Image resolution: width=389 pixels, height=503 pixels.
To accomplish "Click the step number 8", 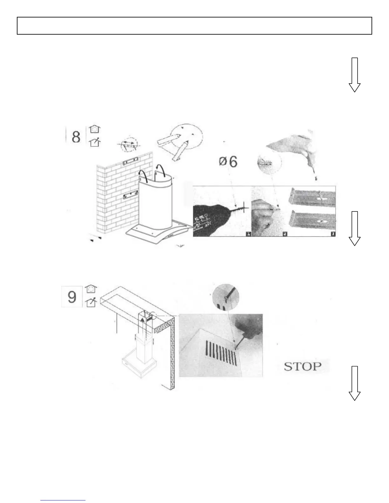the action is [76, 137].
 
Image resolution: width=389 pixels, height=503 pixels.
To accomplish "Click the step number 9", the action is [72, 297].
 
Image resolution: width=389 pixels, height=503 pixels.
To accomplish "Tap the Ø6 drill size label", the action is [228, 162].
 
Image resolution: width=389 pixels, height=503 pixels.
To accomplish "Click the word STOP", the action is [302, 366].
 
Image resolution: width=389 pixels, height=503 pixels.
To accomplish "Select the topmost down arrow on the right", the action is [354, 75].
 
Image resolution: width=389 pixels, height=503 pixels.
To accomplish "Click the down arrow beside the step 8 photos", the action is [354, 228].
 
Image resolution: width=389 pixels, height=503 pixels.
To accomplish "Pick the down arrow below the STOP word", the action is [354, 383].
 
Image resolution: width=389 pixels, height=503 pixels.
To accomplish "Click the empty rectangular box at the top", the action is [194, 26].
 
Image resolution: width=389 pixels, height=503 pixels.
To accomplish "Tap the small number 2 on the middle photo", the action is [285, 234].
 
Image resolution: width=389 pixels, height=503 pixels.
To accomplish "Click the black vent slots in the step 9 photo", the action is [221, 352].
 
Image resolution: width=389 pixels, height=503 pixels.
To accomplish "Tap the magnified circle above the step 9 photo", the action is [225, 298].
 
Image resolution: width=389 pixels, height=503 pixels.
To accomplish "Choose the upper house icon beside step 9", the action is [92, 289].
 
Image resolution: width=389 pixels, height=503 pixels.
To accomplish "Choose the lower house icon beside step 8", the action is [95, 143].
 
